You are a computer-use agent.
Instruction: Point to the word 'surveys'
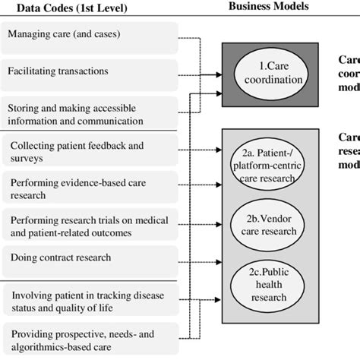pos(28,157)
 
